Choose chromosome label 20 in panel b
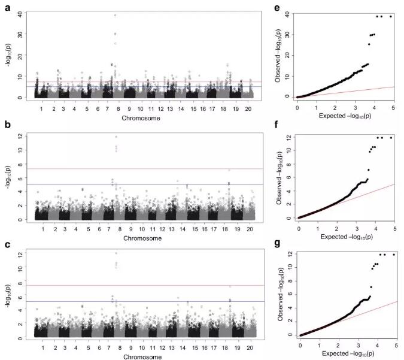(254, 229)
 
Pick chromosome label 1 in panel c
(41, 347)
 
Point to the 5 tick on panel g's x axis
(394, 345)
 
